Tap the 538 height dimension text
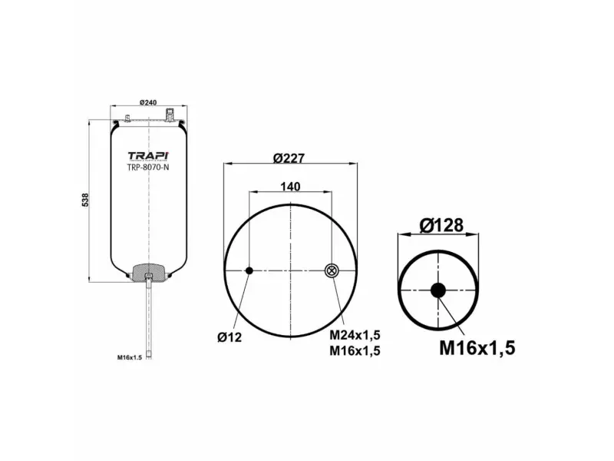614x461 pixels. [x=85, y=198]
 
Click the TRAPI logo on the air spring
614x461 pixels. [x=147, y=155]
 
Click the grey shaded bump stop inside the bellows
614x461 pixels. [x=147, y=272]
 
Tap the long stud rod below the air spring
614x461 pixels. [x=147, y=319]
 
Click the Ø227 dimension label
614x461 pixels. [x=289, y=158]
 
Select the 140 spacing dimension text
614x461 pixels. [x=289, y=187]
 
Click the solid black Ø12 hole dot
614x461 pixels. [x=249, y=270]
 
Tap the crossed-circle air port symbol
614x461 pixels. [x=331, y=270]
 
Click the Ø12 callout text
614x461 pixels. [x=229, y=336]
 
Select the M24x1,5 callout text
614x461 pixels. [x=355, y=336]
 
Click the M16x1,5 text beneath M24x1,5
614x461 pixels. [x=355, y=351]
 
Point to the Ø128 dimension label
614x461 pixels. [x=441, y=226]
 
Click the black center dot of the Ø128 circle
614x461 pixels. [x=437, y=290]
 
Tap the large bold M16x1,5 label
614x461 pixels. [x=477, y=347]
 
